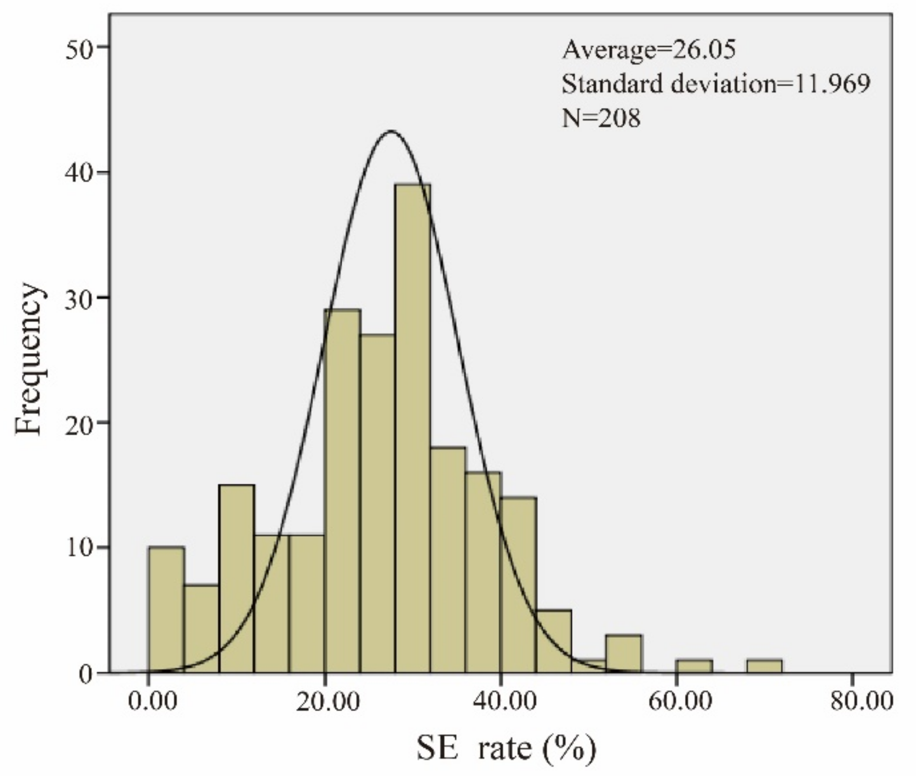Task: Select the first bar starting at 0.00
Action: [x=166, y=610]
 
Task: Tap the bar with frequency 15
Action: [x=237, y=579]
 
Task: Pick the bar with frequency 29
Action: [x=342, y=491]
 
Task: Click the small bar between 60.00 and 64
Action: [x=694, y=666]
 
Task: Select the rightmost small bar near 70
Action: [x=764, y=666]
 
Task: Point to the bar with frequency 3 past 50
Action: [x=624, y=654]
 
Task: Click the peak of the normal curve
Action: [x=391, y=131]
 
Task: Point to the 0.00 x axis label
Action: [x=153, y=702]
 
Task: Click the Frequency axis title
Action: [x=28, y=358]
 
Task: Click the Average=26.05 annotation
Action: [x=649, y=50]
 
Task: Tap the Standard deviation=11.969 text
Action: [x=716, y=84]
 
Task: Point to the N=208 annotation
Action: [x=601, y=118]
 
